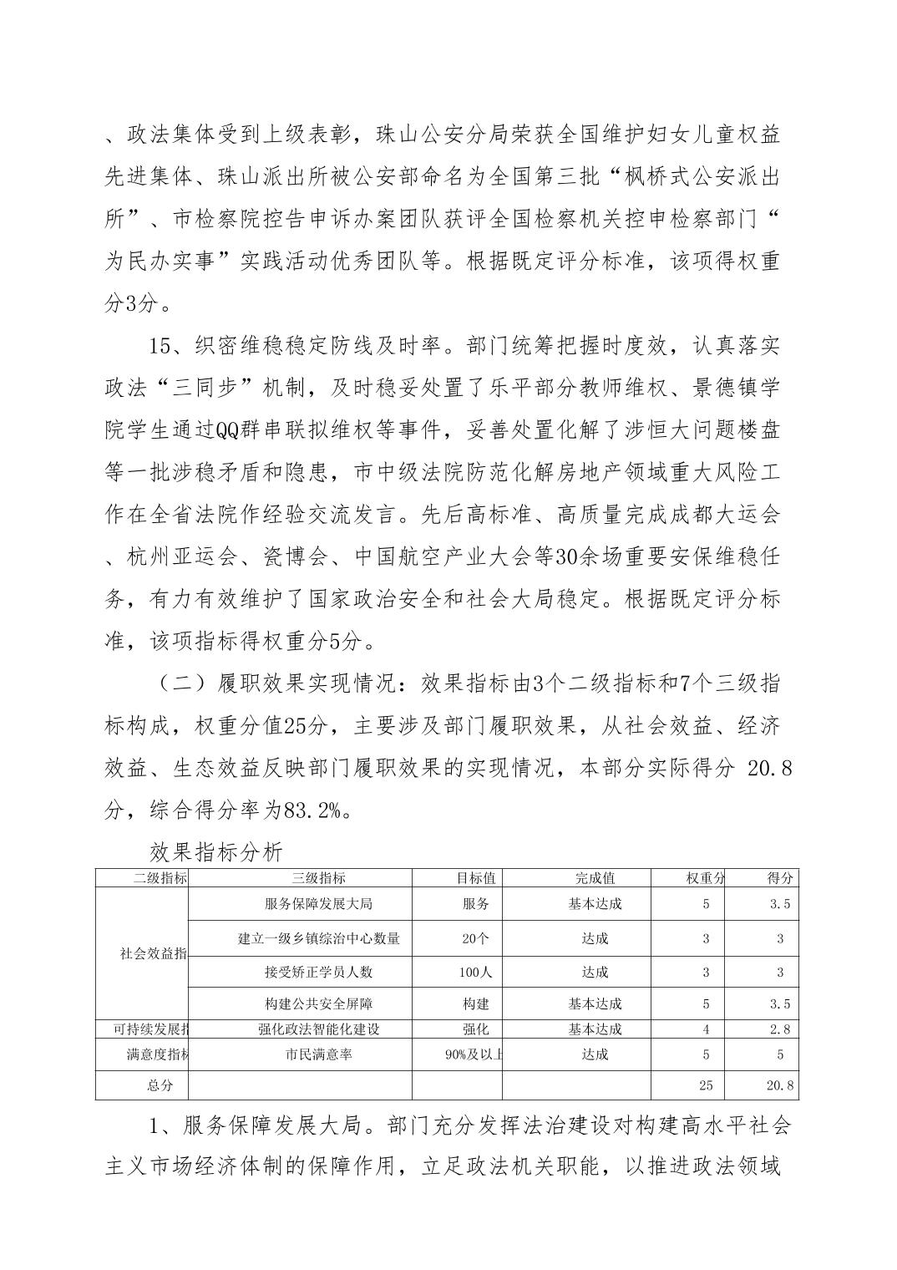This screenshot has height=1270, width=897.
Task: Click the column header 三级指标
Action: pos(319,878)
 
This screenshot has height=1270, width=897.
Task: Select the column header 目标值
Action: pos(475,878)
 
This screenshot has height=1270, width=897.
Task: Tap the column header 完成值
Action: pos(595,878)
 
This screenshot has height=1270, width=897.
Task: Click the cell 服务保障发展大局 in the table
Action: pos(318,904)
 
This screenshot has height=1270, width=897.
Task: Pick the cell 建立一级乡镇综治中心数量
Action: pos(318,938)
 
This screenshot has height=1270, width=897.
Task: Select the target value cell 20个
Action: pos(475,938)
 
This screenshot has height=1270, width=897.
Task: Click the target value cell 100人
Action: pos(475,972)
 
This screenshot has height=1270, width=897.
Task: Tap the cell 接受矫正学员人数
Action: pos(318,972)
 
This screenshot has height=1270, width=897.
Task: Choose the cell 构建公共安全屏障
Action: pos(318,1003)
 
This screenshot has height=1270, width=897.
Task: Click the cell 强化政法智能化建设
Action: pos(318,1029)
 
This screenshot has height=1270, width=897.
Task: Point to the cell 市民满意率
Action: pos(318,1054)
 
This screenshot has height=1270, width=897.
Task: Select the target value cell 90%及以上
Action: pos(475,1054)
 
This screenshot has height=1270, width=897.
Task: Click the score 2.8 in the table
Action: pos(779,1029)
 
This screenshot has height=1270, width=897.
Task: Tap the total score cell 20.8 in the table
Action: pos(779,1086)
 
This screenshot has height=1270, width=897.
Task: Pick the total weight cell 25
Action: pos(706,1086)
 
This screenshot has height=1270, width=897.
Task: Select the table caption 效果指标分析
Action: pos(216,851)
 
